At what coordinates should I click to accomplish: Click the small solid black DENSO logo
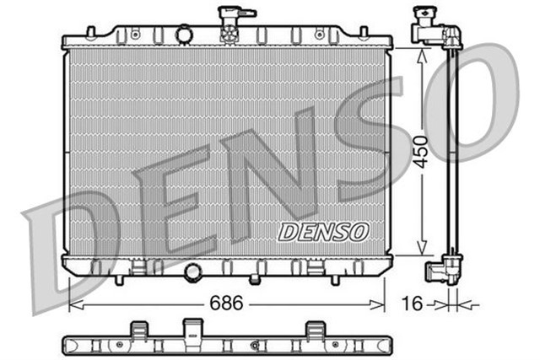point(323,229)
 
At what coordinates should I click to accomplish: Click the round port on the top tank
point(185,35)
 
